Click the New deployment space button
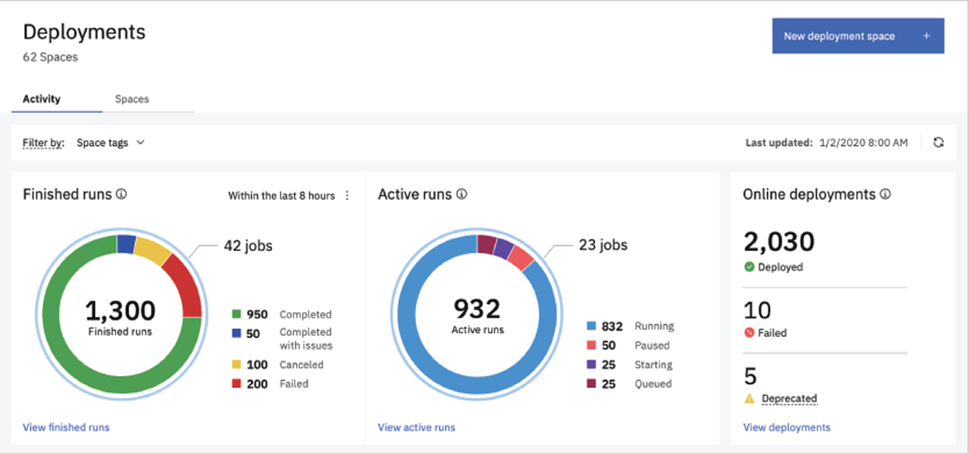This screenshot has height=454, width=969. [x=858, y=36]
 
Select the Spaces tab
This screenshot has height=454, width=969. [x=132, y=99]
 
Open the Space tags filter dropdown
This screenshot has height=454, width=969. [x=111, y=143]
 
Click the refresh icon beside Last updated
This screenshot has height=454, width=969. [x=938, y=143]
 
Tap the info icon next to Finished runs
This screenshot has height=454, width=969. [x=121, y=194]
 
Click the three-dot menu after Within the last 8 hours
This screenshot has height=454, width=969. [x=347, y=195]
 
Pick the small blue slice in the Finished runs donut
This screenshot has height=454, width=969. [x=126, y=244]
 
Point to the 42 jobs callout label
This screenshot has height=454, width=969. [x=248, y=246]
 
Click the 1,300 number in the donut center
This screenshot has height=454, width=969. [x=120, y=310]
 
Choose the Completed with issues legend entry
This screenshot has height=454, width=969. [x=305, y=338]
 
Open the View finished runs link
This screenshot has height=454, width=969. [x=66, y=427]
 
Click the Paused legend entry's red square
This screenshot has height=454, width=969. [x=591, y=345]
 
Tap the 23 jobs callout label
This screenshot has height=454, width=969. [x=603, y=244]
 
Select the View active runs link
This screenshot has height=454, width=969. [x=416, y=427]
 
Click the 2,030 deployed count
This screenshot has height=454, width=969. [x=778, y=242]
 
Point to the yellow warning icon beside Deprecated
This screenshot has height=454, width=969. [x=749, y=398]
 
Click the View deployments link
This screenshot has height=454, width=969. [x=787, y=427]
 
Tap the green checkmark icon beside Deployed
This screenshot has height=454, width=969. [x=749, y=267]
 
